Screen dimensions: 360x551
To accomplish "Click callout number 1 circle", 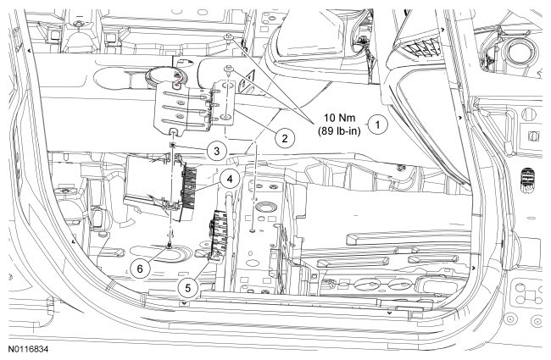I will click(381, 121).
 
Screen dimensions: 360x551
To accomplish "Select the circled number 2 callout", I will click(286, 136).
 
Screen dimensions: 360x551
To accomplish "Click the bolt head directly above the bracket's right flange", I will click(228, 65).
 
